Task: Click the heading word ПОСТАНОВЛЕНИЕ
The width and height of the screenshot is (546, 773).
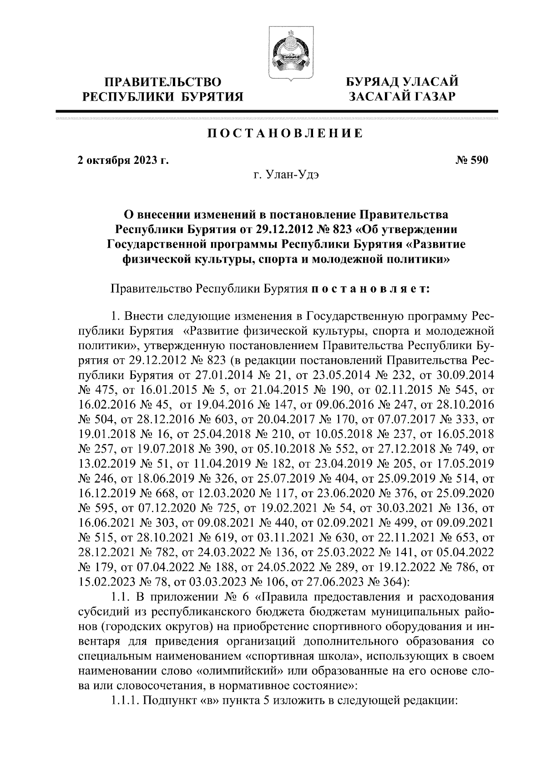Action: pos(285,133)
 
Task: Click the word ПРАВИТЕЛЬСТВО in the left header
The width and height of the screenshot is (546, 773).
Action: pos(163,83)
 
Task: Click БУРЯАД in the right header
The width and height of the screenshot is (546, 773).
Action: pos(374,83)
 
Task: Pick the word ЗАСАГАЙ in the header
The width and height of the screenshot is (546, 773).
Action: pos(377,96)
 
